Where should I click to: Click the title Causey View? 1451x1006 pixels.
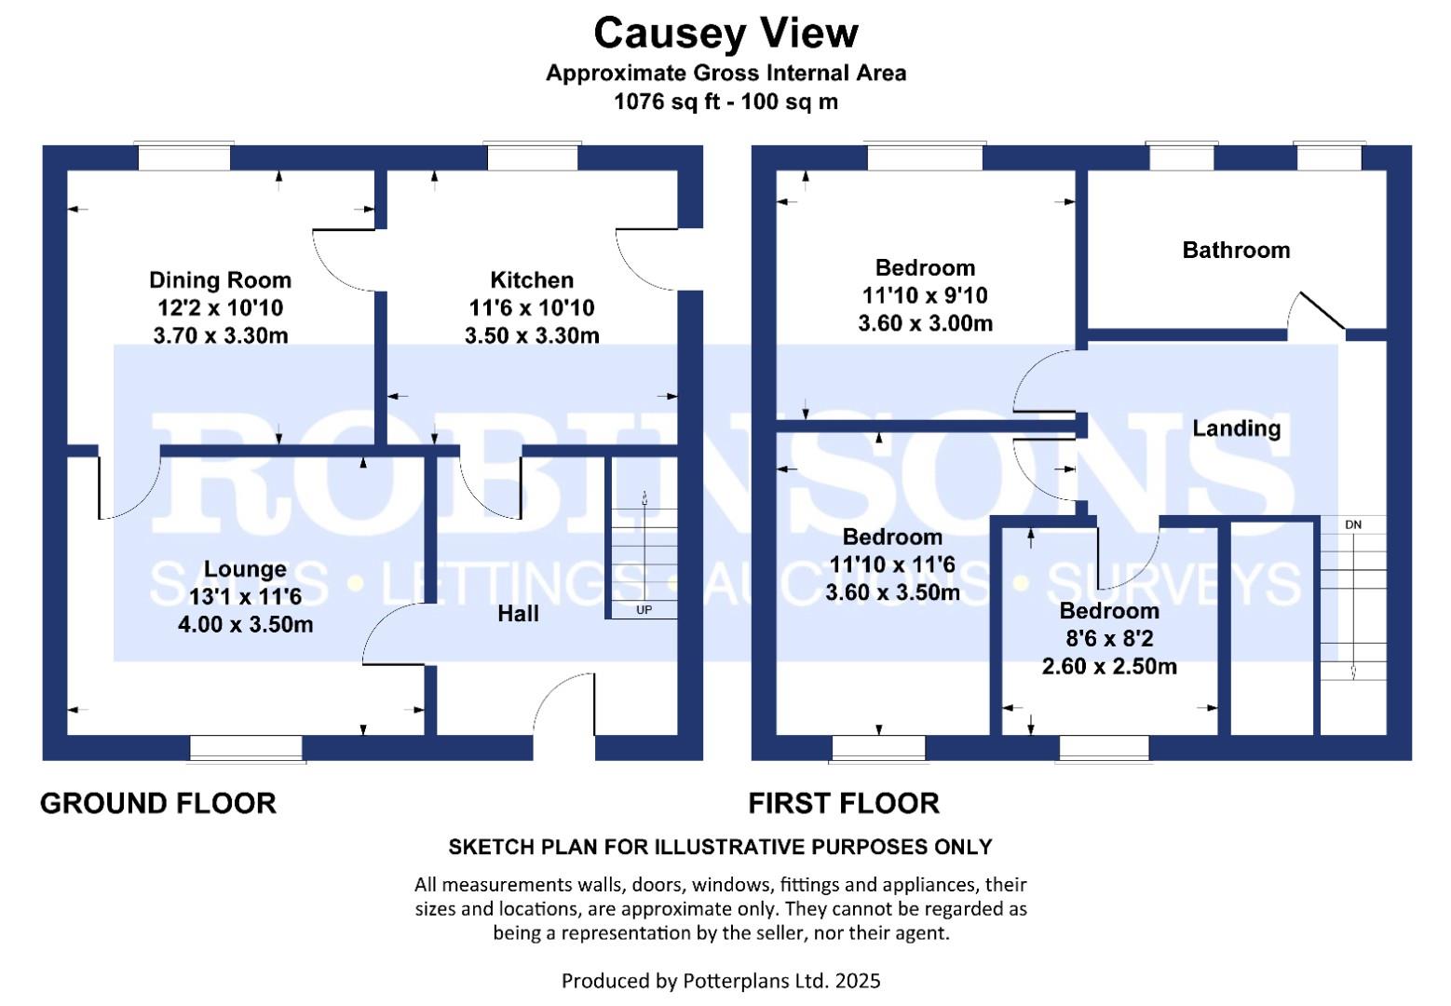pos(725,34)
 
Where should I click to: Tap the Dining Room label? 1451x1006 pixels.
pos(220,279)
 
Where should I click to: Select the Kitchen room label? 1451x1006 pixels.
pos(532,279)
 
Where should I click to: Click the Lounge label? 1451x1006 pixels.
pos(245,569)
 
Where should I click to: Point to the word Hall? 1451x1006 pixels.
pos(518,613)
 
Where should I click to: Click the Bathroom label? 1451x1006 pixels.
pos(1236,250)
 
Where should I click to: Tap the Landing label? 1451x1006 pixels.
pos(1236,428)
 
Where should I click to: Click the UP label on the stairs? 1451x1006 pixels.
pos(644,610)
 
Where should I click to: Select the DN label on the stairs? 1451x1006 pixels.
pos(1353,525)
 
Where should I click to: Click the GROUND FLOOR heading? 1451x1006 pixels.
pos(158,803)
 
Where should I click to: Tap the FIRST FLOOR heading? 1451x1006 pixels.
pos(844,803)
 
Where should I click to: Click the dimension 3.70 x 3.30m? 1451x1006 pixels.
pos(220,335)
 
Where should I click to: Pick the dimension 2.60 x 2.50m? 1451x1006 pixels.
pos(1108,667)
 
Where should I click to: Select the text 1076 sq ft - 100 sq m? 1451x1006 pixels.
pos(725,102)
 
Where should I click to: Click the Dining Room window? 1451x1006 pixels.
pos(183,156)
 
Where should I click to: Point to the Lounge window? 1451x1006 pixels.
pos(246,748)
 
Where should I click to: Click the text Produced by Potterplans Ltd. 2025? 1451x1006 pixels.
pos(720,980)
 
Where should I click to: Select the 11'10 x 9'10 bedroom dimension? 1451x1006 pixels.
pos(924,295)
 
